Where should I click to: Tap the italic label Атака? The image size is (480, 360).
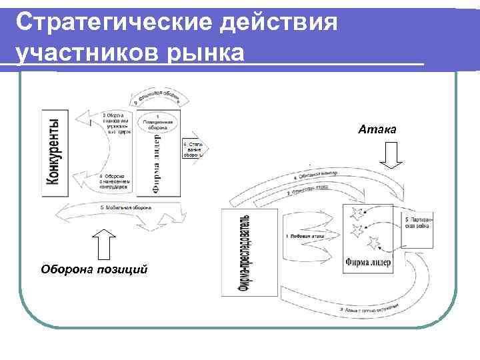377,129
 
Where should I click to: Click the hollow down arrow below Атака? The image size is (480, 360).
391,156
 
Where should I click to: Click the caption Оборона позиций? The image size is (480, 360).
93,269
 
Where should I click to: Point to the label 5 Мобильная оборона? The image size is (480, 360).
127,207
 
